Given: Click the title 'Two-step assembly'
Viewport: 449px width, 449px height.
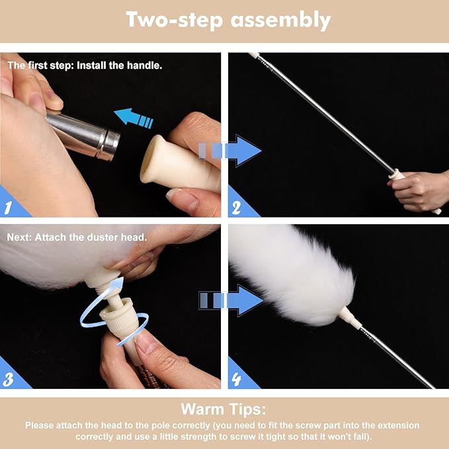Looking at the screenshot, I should [x=228, y=20].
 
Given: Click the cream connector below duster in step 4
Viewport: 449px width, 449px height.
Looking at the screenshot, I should [x=349, y=321].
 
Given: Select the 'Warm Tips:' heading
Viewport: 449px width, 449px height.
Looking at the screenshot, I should [x=224, y=408].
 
